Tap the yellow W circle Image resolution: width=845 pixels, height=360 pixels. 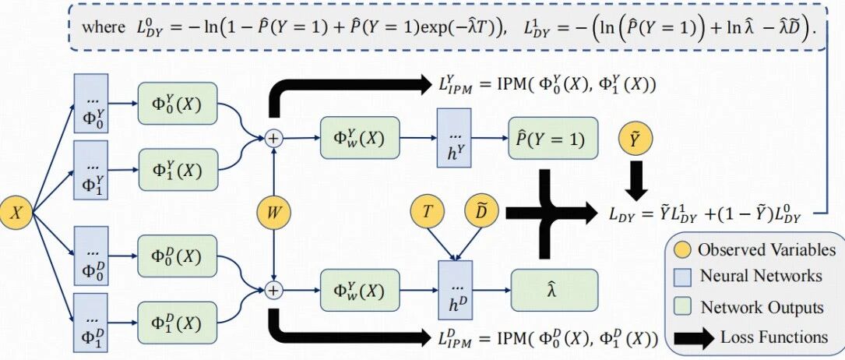pos(273,211)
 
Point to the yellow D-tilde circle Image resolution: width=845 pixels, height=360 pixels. pos(481,212)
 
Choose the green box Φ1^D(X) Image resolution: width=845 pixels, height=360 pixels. pos(178,323)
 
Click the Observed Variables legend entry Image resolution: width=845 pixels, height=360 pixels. pos(755,250)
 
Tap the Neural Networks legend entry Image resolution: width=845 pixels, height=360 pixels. pos(749,276)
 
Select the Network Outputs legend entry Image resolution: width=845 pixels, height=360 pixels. pos(751,306)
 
